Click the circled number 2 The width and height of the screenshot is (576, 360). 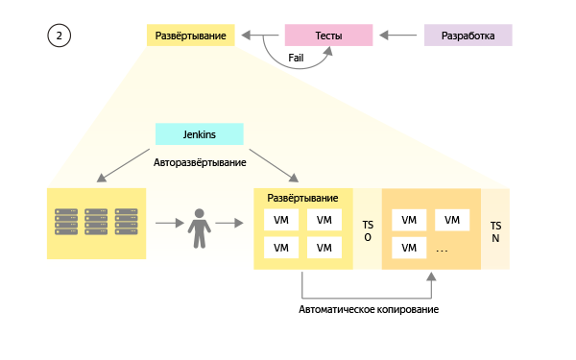click(x=60, y=36)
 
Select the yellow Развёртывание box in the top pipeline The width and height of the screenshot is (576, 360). click(x=190, y=36)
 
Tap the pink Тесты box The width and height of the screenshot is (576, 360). click(x=328, y=36)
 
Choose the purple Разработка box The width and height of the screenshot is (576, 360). click(x=468, y=36)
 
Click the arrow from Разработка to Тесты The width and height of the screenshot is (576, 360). click(x=399, y=36)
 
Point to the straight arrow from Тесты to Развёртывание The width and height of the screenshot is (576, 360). click(x=259, y=36)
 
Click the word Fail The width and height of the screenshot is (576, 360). click(x=298, y=59)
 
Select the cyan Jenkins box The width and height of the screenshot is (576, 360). click(x=199, y=135)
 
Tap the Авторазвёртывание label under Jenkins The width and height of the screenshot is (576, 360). click(x=199, y=163)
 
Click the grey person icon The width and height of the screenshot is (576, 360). click(x=199, y=225)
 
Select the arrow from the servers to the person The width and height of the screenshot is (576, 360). click(x=168, y=225)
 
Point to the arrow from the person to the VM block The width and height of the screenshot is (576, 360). click(x=229, y=225)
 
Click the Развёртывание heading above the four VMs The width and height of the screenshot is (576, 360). click(x=302, y=197)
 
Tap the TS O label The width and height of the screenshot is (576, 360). click(x=367, y=230)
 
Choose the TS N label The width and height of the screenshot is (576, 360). click(x=494, y=230)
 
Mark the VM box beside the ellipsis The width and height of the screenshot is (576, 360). click(x=409, y=248)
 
